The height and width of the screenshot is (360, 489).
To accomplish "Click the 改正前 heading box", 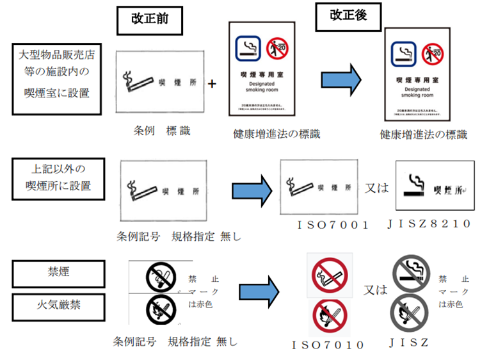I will click(x=146, y=20).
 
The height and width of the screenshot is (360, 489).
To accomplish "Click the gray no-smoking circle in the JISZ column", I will click(x=410, y=272).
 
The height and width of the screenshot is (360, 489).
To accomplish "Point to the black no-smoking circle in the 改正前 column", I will click(x=157, y=277).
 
